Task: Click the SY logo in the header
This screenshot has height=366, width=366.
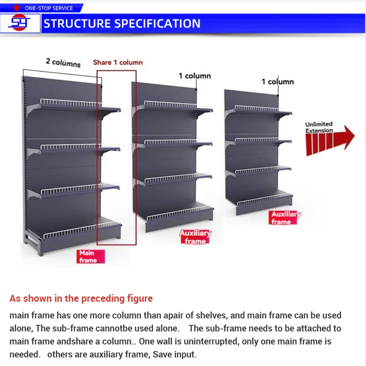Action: point(19,22)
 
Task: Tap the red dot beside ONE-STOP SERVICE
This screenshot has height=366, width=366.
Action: point(17,8)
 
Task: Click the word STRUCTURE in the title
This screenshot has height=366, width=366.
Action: point(77,24)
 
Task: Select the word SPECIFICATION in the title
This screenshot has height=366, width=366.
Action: point(157,24)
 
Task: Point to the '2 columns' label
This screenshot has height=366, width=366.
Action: point(63,63)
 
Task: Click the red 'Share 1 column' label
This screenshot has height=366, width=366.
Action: point(118,62)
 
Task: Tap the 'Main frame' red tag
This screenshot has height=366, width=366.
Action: point(91,256)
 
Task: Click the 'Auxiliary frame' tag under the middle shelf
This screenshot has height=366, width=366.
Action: point(195,237)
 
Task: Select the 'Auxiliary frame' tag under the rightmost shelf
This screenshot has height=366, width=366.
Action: point(284,218)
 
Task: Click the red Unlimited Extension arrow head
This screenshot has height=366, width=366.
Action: point(347,137)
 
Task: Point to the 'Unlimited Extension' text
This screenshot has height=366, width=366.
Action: point(319,127)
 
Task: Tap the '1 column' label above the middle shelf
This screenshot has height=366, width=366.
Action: point(195,76)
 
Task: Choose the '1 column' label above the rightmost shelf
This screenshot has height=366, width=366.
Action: point(277,82)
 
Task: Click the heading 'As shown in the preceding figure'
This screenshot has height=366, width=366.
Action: point(81,298)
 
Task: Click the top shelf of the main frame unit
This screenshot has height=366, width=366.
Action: point(74,106)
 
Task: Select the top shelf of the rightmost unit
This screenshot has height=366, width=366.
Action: point(258,111)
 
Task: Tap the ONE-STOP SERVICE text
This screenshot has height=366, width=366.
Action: point(49,8)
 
